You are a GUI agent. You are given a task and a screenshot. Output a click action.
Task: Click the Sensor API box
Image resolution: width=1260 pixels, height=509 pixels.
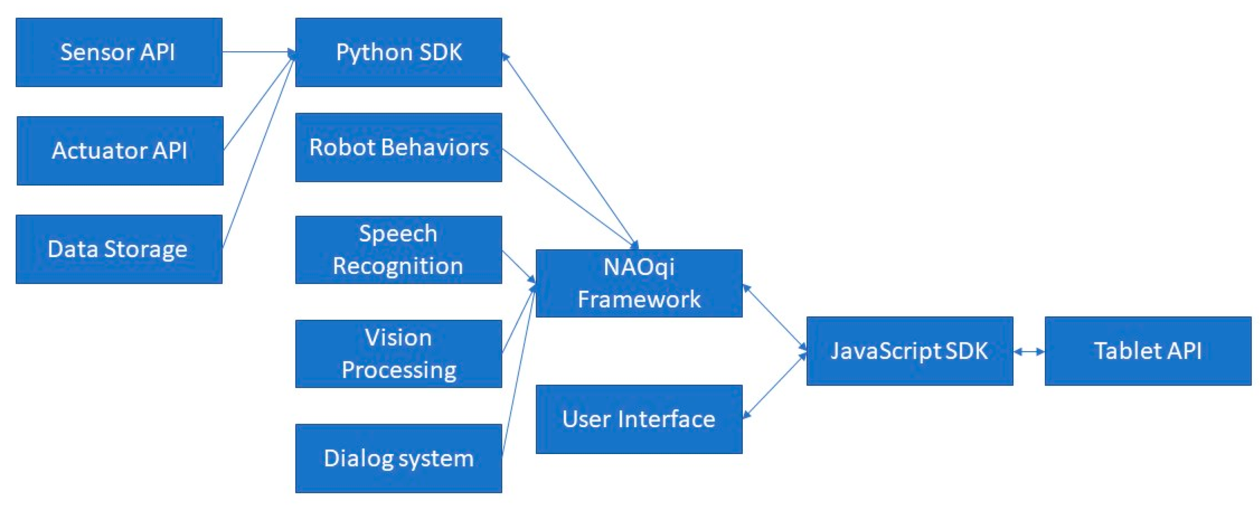119,52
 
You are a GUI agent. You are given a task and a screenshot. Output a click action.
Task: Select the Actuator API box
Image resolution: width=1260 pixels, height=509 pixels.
120,151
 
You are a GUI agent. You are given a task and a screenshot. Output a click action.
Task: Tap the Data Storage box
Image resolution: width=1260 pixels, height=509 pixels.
119,249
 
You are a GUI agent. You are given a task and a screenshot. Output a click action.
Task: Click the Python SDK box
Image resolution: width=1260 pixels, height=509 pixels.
398,52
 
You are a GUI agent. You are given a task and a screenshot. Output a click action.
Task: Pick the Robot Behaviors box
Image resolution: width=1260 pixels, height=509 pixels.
398,147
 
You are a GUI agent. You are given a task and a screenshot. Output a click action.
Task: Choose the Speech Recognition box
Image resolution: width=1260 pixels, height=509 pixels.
398,249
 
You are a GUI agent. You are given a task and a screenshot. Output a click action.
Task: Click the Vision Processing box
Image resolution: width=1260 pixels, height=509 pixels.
398,353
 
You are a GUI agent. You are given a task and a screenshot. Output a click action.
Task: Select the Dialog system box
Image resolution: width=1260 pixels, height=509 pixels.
398,458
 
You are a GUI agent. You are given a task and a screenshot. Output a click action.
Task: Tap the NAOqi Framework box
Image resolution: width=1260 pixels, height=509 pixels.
639,283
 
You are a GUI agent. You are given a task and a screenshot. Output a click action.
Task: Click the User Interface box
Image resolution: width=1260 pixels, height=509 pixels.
639,419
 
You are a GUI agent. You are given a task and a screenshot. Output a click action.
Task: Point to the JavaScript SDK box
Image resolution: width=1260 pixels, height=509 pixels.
909,350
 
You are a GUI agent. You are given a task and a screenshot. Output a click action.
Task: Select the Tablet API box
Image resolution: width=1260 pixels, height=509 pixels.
1147,350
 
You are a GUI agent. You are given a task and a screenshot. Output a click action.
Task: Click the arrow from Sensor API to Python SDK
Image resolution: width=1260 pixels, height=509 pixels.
258,51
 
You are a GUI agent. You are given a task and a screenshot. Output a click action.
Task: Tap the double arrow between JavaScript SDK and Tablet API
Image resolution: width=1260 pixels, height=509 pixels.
1028,351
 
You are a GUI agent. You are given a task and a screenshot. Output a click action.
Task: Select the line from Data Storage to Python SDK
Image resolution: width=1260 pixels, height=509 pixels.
258,151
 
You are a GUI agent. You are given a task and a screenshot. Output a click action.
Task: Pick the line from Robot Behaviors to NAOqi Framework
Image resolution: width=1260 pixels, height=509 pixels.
567,197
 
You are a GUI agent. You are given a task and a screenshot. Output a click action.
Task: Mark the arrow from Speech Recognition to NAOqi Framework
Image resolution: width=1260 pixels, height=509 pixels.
518,267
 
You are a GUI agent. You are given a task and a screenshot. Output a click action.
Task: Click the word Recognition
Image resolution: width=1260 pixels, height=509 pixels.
398,266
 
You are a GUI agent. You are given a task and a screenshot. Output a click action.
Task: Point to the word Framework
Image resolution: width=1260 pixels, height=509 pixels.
639,299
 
